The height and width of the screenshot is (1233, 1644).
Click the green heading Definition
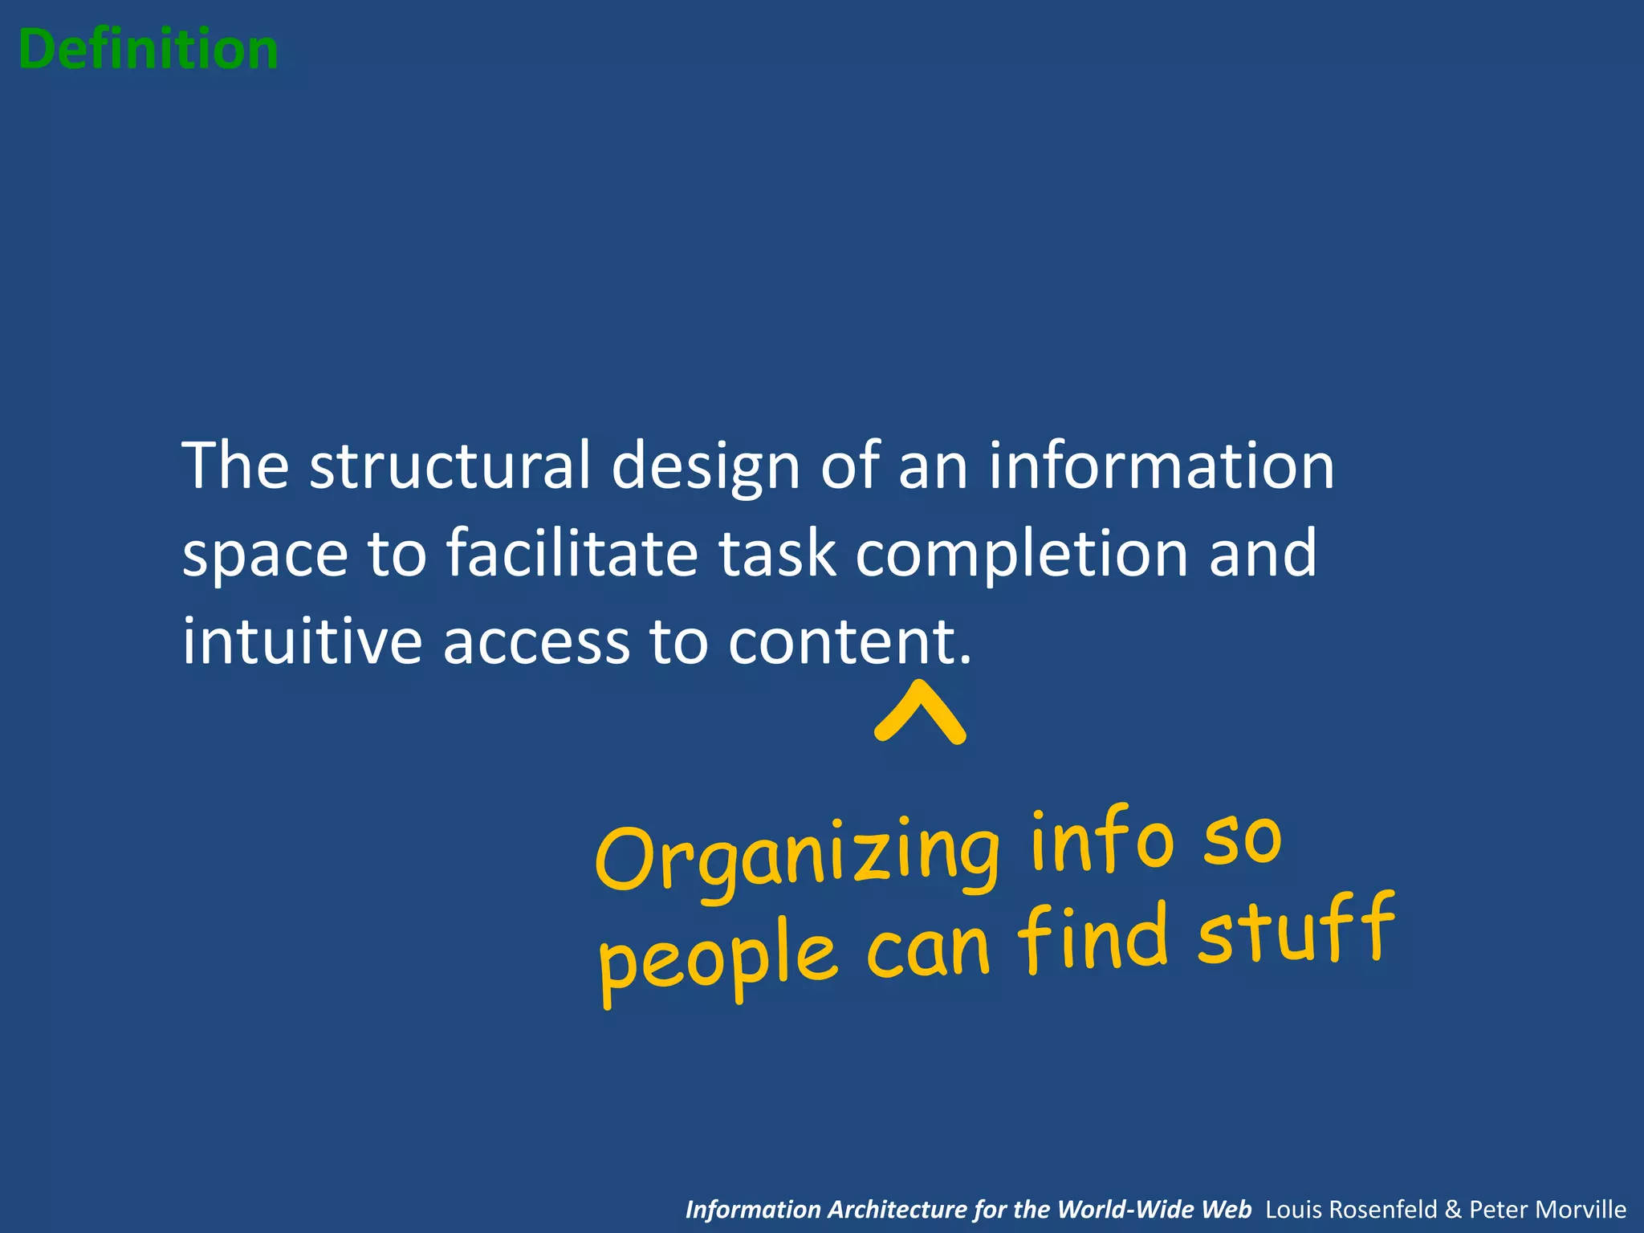click(x=149, y=50)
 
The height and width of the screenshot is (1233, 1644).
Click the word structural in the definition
click(x=450, y=466)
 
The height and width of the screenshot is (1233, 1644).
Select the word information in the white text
click(x=1161, y=466)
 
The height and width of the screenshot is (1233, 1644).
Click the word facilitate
click(x=572, y=553)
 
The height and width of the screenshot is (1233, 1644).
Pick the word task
click(x=777, y=553)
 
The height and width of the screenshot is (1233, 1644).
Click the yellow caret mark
click(x=920, y=712)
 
